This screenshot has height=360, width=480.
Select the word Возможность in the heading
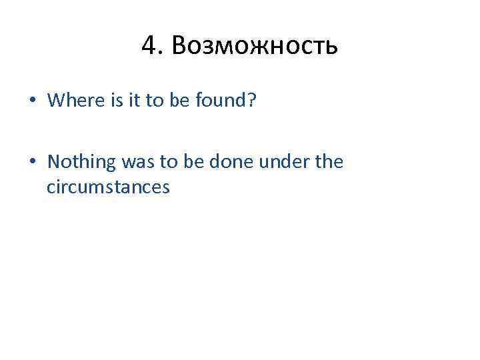click(255, 47)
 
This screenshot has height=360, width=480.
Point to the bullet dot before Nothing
click(32, 162)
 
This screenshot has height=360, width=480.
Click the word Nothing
click(81, 162)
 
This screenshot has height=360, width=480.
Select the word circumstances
click(108, 188)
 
